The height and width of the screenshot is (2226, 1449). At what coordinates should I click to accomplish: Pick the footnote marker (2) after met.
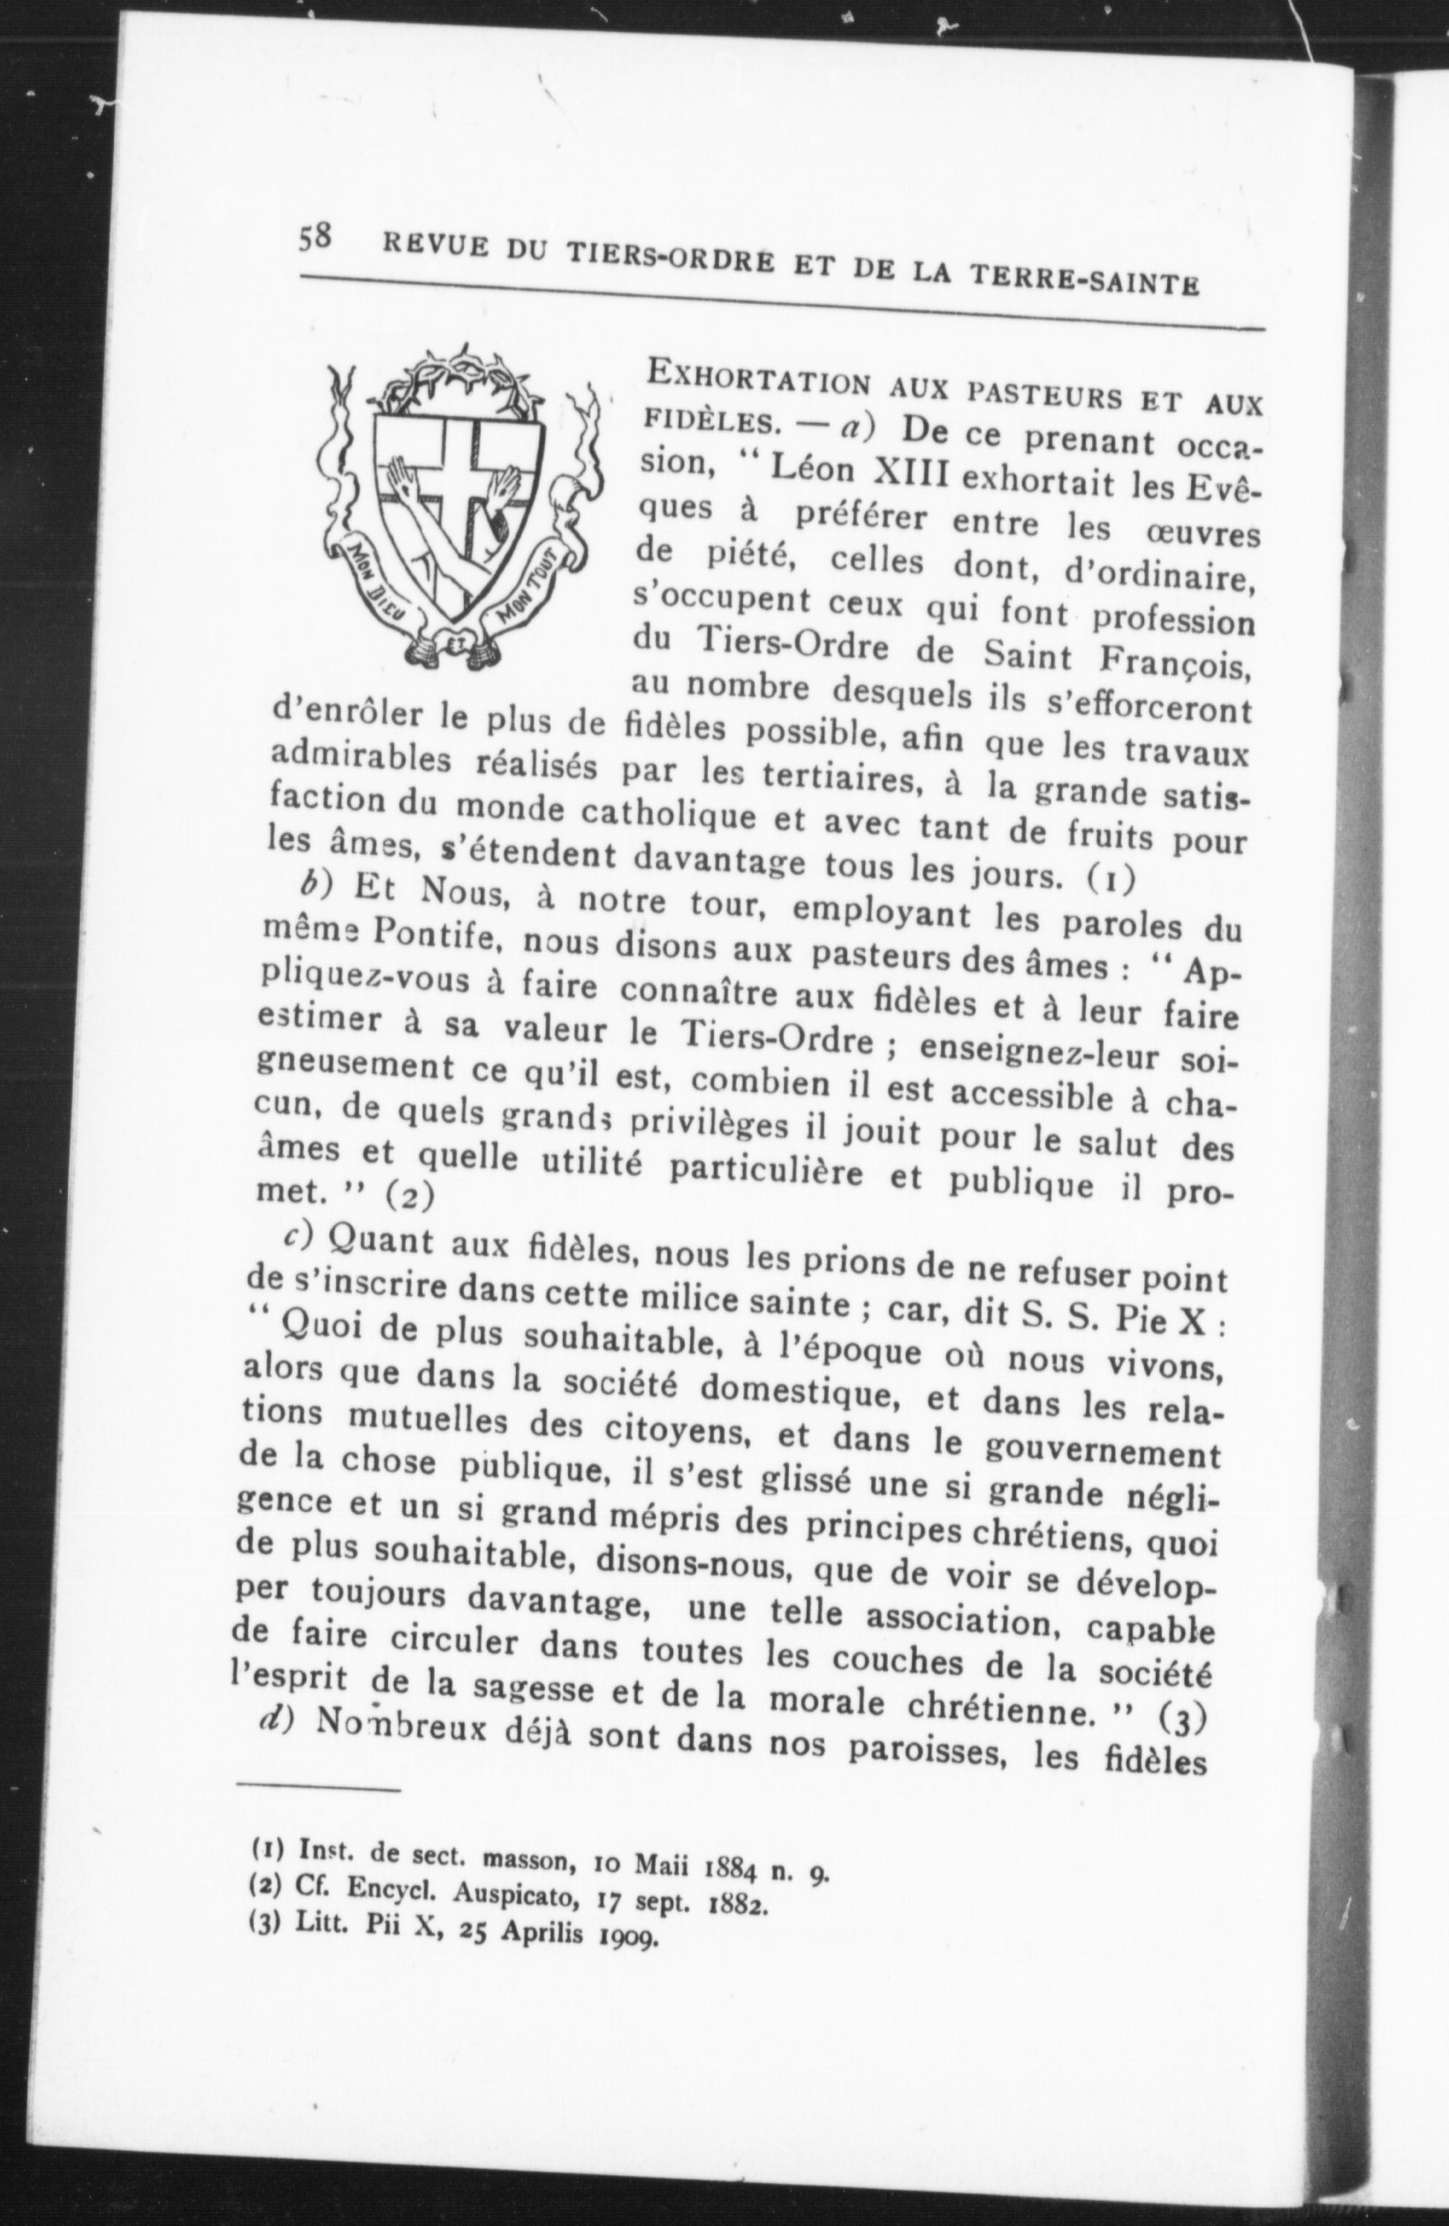click(404, 1196)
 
